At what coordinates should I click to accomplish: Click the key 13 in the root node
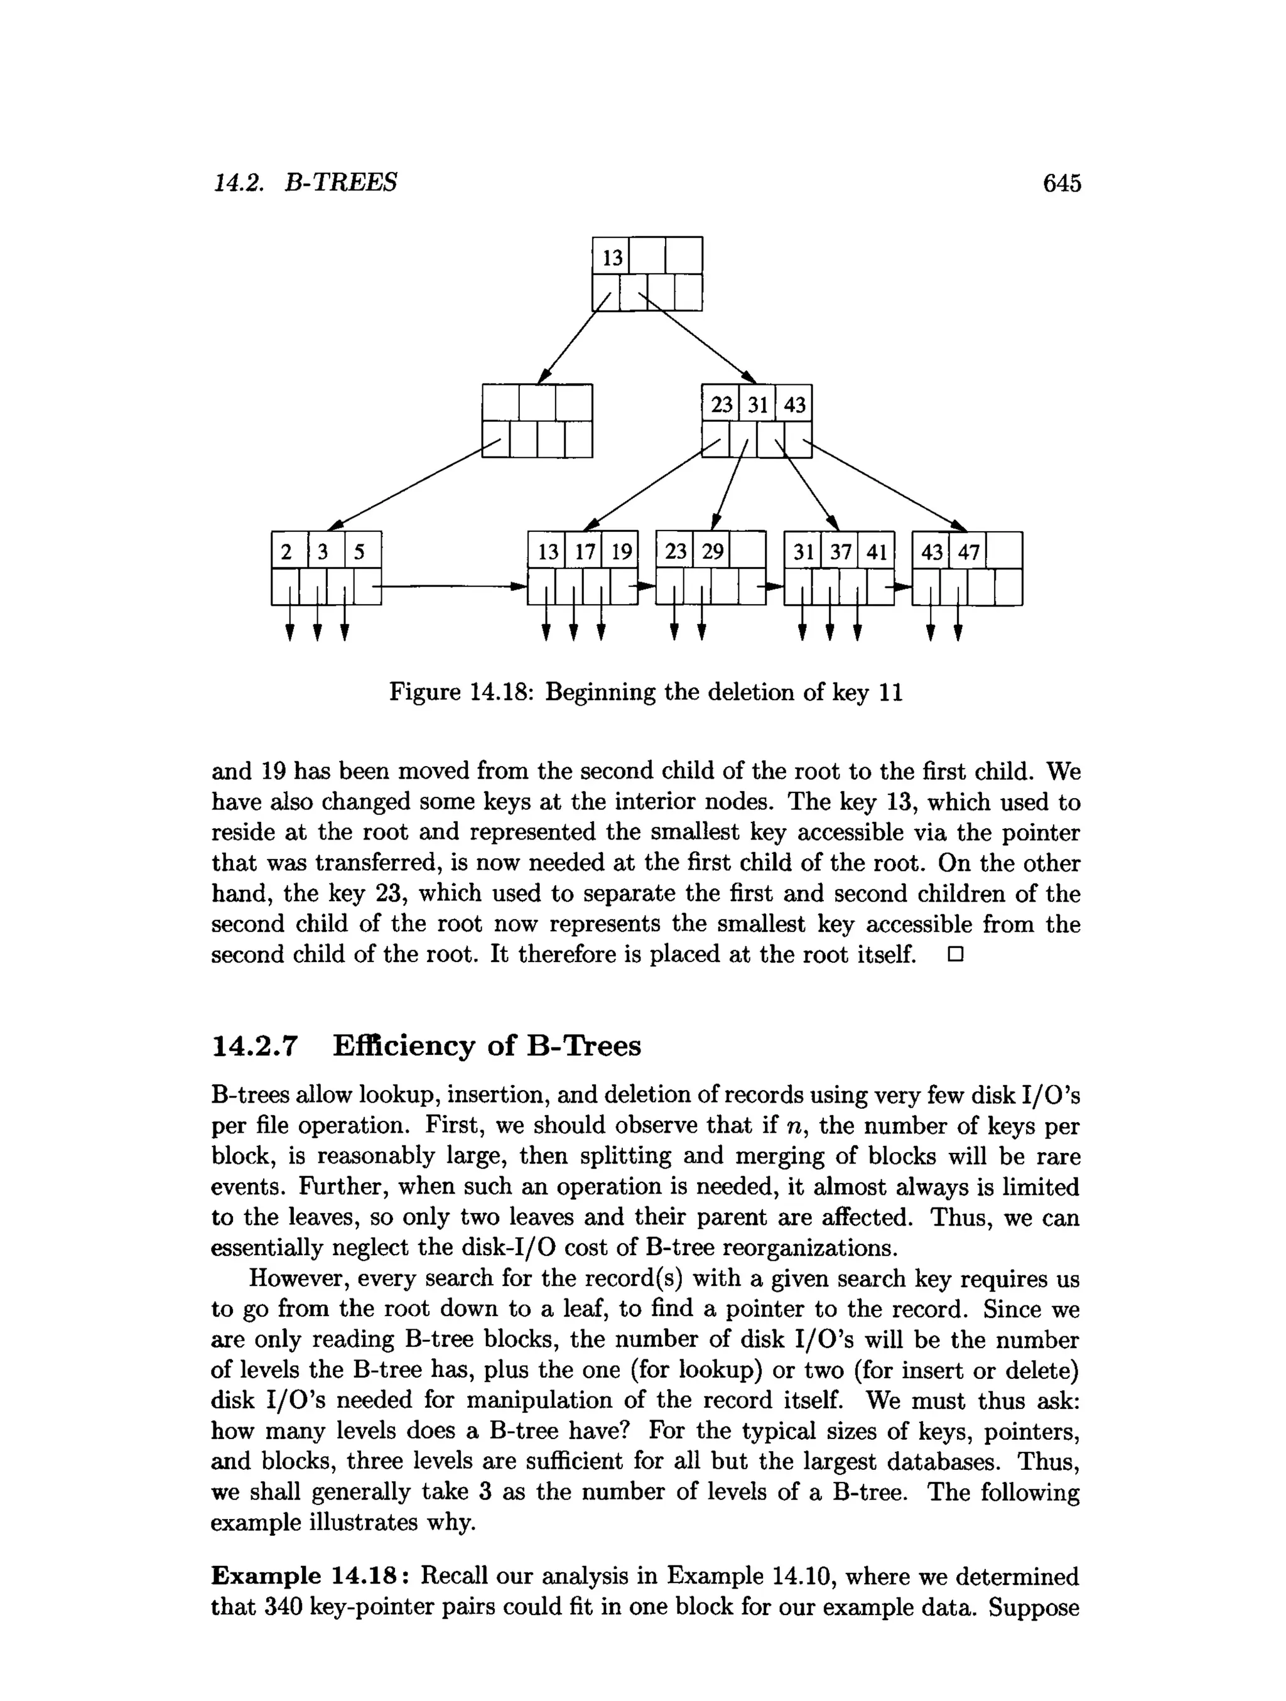pos(612,257)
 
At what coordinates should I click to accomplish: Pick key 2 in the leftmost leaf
pos(287,552)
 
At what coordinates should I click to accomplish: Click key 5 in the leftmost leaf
pos(359,552)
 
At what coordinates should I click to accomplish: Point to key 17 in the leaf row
pos(585,552)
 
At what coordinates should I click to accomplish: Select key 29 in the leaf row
pos(712,552)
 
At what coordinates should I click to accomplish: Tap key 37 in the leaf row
pos(840,552)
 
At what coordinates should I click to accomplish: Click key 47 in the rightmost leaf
pos(968,552)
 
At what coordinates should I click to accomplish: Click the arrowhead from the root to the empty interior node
pos(544,375)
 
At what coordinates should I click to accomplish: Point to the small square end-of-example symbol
pos(955,956)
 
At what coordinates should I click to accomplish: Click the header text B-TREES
pos(341,183)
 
